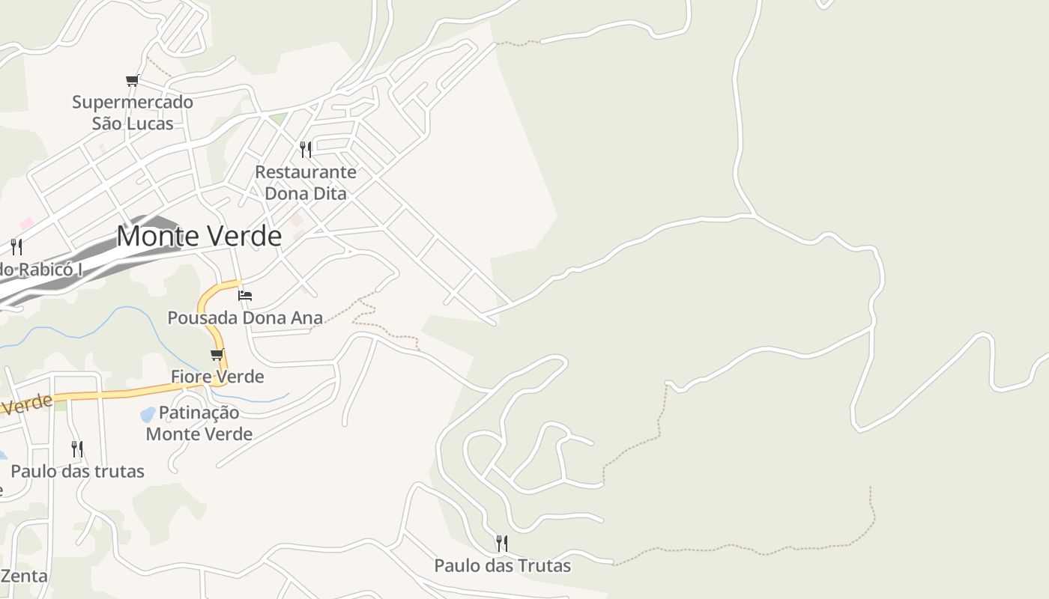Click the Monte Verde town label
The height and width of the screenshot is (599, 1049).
tap(199, 237)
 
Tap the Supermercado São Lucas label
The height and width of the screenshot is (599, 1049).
tap(133, 112)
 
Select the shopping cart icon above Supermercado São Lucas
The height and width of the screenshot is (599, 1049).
tap(133, 80)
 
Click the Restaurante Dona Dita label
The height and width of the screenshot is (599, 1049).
tap(306, 183)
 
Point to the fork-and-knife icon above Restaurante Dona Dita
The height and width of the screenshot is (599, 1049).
tap(306, 150)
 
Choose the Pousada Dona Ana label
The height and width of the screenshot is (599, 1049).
tap(245, 317)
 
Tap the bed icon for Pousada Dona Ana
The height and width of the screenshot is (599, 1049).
tap(245, 295)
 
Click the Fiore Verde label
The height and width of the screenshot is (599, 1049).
tap(217, 376)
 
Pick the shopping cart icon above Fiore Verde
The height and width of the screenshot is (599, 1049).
tap(217, 354)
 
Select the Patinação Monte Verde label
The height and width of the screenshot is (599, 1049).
tap(199, 423)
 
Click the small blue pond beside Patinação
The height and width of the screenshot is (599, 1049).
tap(148, 414)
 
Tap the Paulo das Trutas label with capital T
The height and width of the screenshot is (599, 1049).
tap(503, 565)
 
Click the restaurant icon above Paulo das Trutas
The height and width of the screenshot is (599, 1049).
tap(502, 543)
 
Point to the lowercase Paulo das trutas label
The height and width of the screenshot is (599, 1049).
tap(77, 472)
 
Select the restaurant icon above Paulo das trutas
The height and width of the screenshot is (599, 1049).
tap(77, 449)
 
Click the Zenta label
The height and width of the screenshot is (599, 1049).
tap(25, 576)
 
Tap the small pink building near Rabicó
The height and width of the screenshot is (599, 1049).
tap(26, 223)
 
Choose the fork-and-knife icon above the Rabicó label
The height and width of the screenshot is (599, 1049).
tap(16, 246)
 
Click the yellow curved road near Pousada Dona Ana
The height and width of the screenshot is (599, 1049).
tap(205, 314)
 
